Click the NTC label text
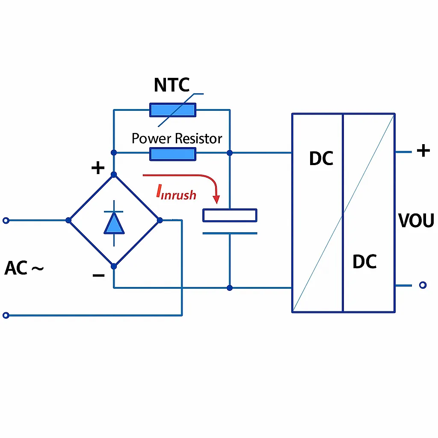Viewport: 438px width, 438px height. (x=172, y=85)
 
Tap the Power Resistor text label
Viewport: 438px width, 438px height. (x=177, y=139)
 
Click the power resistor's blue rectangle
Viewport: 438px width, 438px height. (x=172, y=154)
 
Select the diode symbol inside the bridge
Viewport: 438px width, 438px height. (x=114, y=223)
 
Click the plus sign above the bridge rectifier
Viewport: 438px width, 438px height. (x=98, y=168)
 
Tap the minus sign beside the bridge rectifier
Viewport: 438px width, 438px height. (x=98, y=275)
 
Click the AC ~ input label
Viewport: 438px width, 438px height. (x=24, y=269)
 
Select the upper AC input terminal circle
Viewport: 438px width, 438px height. (x=6, y=220)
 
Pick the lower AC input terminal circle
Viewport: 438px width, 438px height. (x=6, y=316)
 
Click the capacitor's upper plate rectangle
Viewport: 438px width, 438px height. (x=230, y=215)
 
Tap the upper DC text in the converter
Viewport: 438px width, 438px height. (x=321, y=159)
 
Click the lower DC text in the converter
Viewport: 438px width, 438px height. (x=364, y=261)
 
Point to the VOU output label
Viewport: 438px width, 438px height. (x=416, y=221)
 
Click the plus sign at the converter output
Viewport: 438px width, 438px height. (x=423, y=151)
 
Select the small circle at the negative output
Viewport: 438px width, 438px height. (x=423, y=285)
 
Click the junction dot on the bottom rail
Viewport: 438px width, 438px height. (x=230, y=288)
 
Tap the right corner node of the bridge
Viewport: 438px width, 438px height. (x=160, y=220)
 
